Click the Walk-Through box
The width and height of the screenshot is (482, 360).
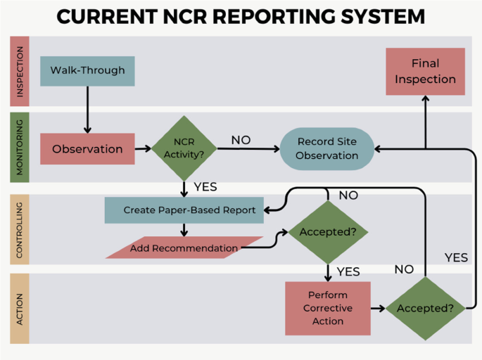[87, 70]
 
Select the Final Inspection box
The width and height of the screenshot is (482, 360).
[425, 71]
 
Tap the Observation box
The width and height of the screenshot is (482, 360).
[87, 148]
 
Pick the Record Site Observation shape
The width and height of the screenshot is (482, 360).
[326, 148]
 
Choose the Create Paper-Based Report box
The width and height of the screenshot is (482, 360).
[184, 210]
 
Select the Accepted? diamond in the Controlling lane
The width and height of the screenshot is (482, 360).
[328, 232]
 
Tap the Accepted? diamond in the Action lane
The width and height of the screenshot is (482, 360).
[425, 308]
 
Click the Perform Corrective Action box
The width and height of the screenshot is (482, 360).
[328, 308]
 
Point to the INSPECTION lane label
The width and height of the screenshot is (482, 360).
[20, 71]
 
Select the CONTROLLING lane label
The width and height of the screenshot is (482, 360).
[20, 229]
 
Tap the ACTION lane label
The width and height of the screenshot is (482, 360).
[20, 308]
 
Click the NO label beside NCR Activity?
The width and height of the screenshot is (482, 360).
[241, 140]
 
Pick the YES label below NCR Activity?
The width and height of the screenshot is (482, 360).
[205, 187]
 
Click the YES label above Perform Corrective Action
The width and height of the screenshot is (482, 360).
[348, 271]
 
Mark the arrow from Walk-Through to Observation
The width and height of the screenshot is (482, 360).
[87, 109]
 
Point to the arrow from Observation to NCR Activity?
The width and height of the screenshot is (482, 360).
[144, 148]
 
